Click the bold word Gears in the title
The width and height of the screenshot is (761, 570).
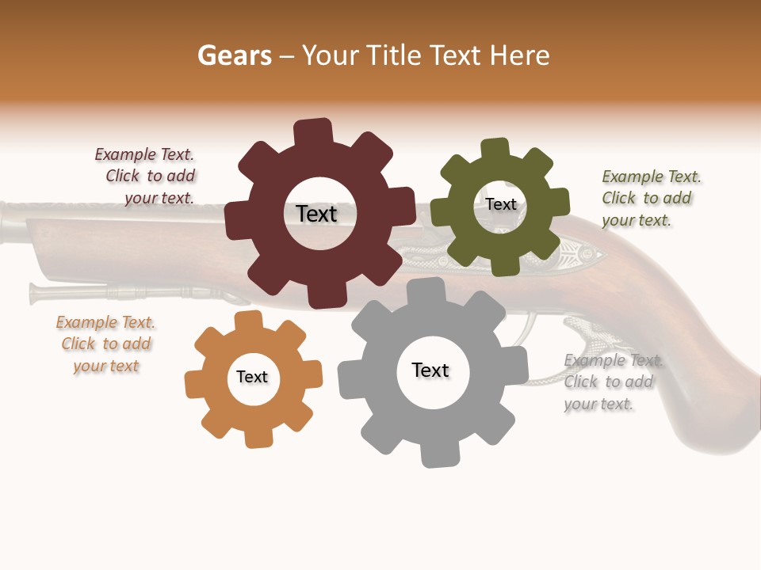click(234, 56)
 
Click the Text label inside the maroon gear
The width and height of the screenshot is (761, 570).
click(316, 214)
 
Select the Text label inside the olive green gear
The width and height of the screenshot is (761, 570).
click(501, 204)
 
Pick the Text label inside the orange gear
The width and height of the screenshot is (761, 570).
click(252, 378)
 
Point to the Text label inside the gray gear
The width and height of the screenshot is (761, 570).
click(430, 370)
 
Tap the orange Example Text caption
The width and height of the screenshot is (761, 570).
click(105, 344)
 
